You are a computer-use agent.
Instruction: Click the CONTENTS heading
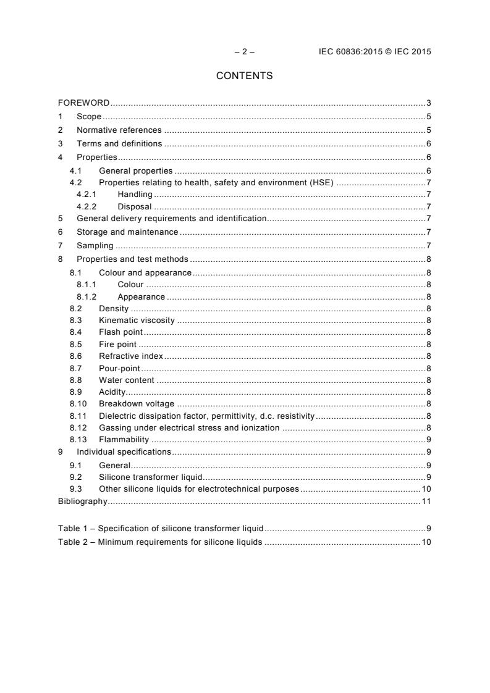(244, 76)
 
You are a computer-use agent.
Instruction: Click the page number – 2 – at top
(244, 52)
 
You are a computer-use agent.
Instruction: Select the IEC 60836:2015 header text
(370, 52)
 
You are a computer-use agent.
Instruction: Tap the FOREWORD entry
(83, 103)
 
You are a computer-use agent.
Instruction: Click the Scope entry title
(89, 116)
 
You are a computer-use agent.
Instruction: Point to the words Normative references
(119, 130)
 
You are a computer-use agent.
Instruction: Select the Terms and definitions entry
(119, 144)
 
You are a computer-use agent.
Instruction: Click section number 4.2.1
(85, 194)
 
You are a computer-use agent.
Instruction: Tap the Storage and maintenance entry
(127, 232)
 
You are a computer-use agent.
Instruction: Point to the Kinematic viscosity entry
(137, 321)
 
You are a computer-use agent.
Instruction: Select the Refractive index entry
(130, 356)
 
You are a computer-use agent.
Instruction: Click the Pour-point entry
(119, 368)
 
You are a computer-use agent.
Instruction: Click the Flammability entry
(124, 440)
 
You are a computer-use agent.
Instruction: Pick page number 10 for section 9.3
(426, 489)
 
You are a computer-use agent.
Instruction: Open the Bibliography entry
(82, 501)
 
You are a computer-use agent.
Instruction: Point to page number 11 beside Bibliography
(426, 501)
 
